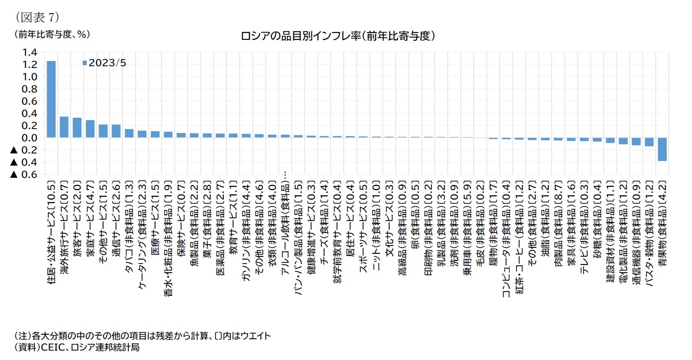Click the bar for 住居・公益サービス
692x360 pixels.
51,99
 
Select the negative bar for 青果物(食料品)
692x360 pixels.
662,149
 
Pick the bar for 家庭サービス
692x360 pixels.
90,129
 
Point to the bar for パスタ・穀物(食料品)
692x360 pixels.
649,142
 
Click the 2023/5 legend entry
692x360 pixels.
104,63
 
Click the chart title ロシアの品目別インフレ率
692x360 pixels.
338,36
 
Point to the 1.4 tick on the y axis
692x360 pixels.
30,52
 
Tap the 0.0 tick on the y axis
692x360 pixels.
30,138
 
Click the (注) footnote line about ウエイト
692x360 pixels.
142,336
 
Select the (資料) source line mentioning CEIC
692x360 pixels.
77,347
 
